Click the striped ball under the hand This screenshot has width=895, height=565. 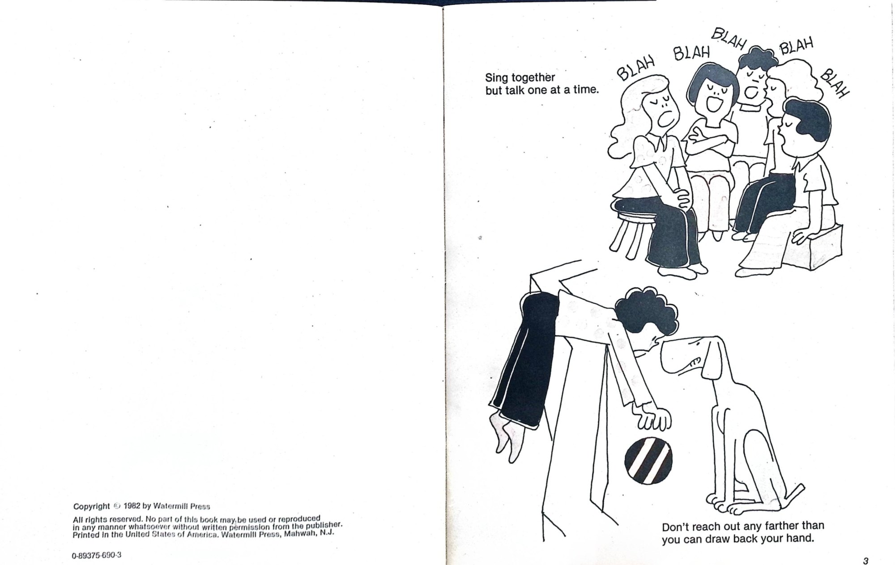pos(648,460)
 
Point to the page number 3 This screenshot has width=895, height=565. pos(865,561)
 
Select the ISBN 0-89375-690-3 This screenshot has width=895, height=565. pos(96,556)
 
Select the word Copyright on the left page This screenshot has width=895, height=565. pos(91,506)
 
